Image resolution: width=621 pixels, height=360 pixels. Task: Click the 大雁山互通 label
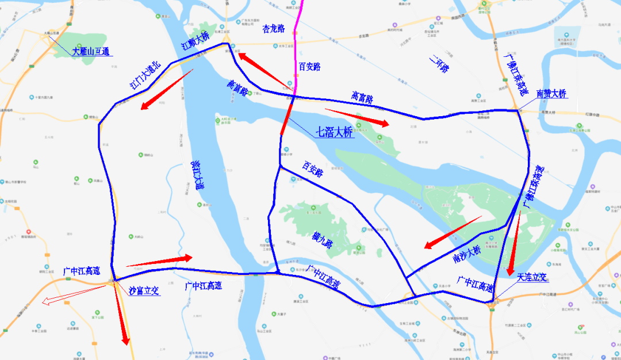pyautogui.click(x=91, y=51)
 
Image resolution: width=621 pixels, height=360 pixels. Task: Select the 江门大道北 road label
pyautogui.click(x=145, y=76)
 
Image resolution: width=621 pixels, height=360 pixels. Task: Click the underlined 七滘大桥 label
pyautogui.click(x=335, y=132)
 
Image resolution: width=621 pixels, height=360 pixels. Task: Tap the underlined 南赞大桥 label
pyautogui.click(x=551, y=93)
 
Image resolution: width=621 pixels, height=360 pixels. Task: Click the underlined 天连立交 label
pyautogui.click(x=532, y=277)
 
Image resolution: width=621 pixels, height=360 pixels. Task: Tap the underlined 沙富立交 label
pyautogui.click(x=144, y=291)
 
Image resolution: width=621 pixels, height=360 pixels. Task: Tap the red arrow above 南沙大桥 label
pyautogui.click(x=453, y=232)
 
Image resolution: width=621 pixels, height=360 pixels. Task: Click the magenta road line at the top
pyautogui.click(x=300, y=35)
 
